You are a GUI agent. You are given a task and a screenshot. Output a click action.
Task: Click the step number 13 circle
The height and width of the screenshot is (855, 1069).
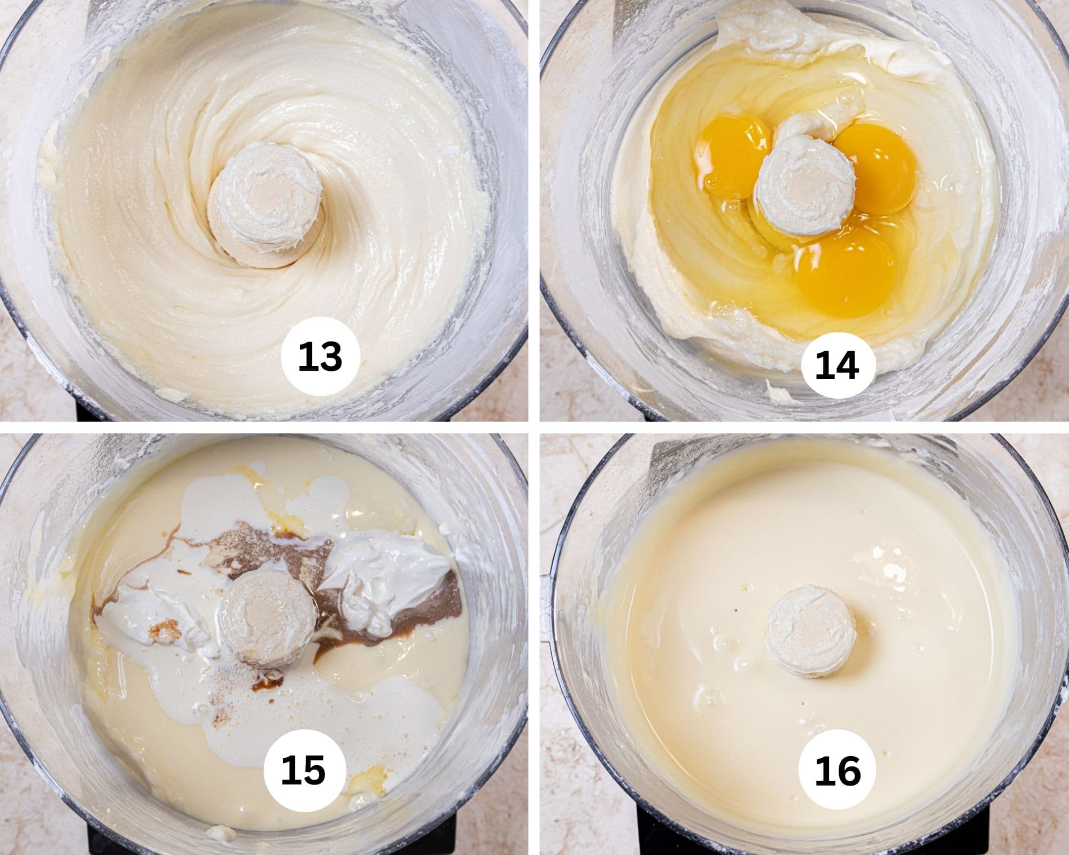point(320,357)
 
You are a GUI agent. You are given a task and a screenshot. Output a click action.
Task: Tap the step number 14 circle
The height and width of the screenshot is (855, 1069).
point(838,366)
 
